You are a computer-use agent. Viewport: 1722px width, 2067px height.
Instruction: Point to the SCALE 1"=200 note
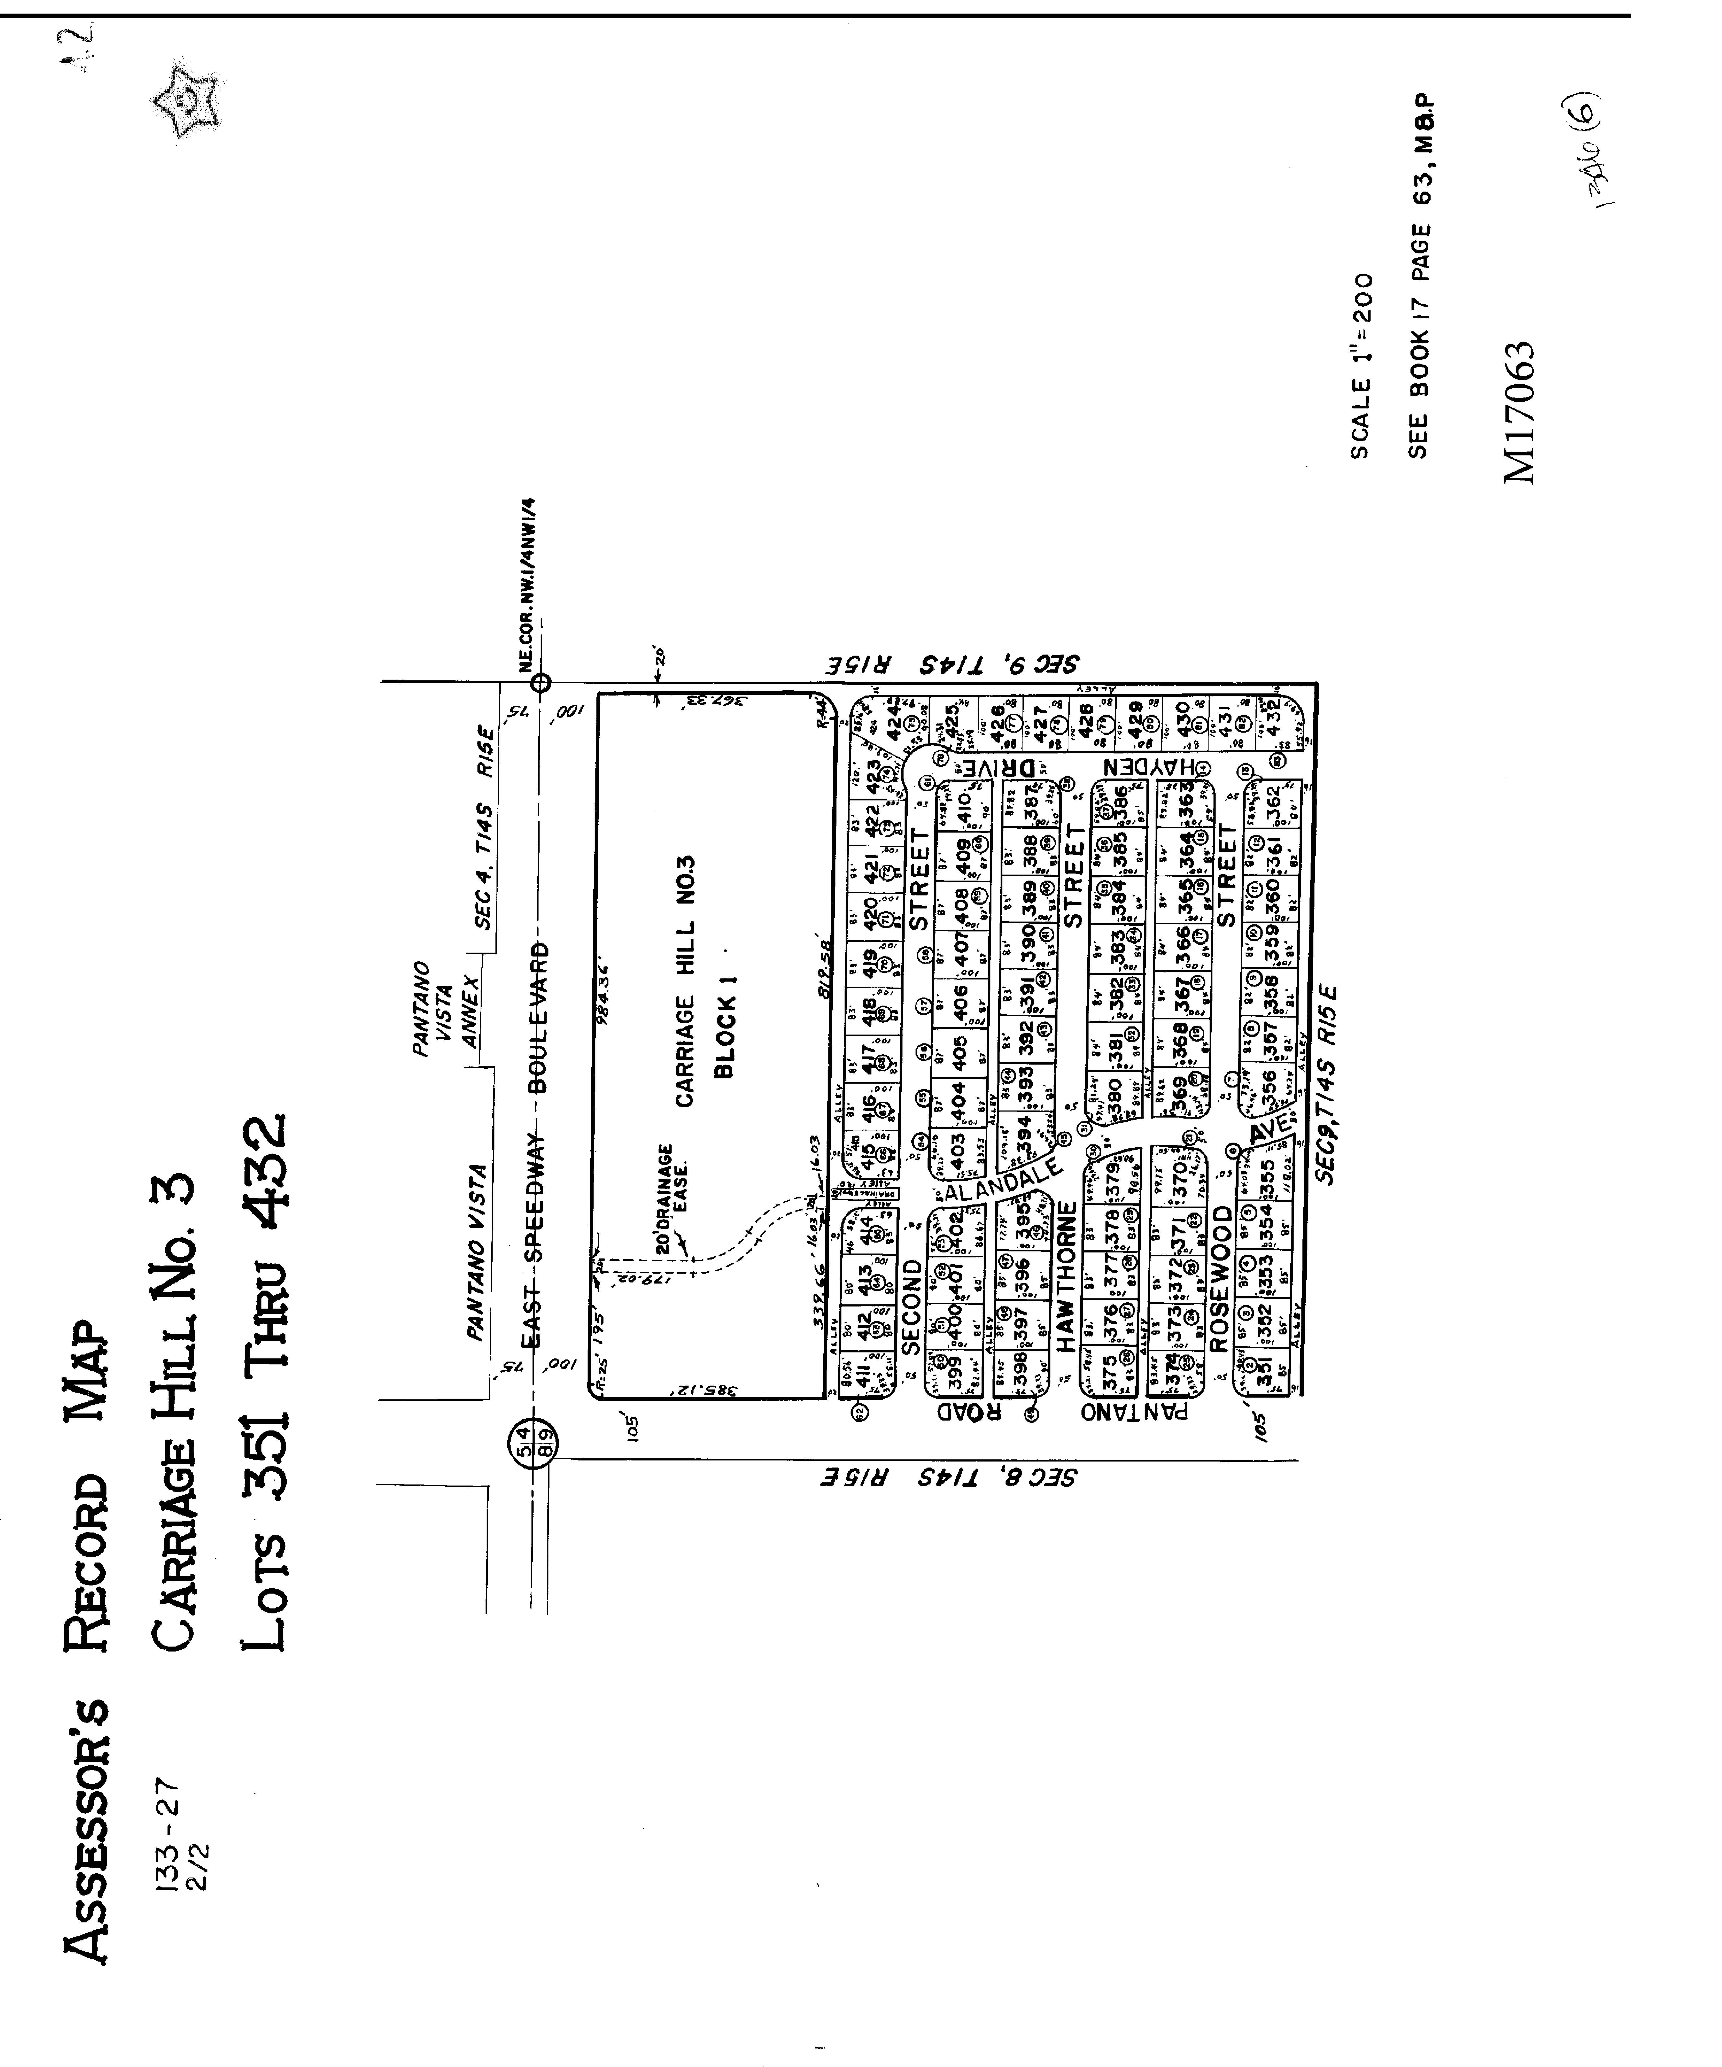point(1360,366)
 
